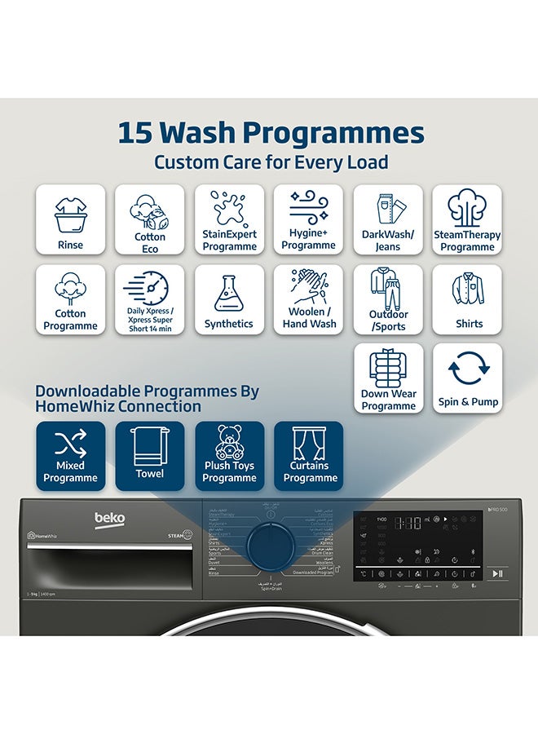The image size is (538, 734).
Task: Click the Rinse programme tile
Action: point(70,219)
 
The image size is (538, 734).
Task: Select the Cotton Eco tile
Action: point(150,219)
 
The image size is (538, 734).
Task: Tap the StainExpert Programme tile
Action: point(229,219)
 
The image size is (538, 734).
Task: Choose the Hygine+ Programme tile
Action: point(309,219)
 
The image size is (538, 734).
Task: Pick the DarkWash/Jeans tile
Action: point(388,219)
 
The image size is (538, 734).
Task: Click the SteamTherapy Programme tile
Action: point(467,219)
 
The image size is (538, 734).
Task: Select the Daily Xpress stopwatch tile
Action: point(150,299)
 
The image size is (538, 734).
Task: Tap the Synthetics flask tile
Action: point(229,299)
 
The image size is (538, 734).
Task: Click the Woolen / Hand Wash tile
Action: point(309,299)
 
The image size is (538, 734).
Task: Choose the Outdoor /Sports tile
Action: point(388,299)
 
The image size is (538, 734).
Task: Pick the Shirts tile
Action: point(467,299)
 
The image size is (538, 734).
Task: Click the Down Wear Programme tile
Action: point(388,378)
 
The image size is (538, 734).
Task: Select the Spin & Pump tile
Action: point(467,378)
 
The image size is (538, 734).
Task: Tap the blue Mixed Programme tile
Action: point(70,456)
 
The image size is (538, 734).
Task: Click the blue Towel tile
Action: point(150,456)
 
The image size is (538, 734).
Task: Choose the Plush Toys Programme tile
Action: point(229,456)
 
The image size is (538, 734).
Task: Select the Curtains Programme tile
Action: point(309,456)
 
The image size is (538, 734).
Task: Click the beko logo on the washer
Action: point(109,519)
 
